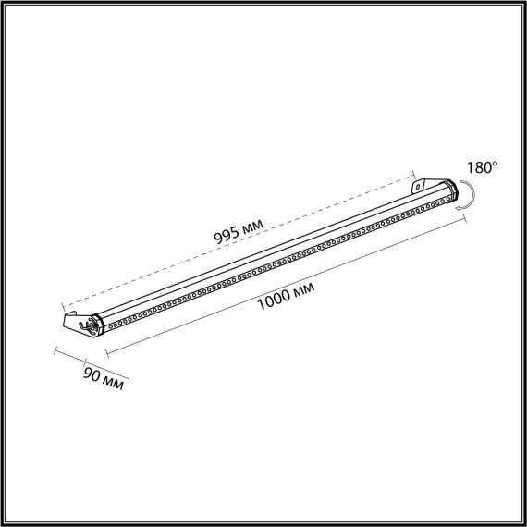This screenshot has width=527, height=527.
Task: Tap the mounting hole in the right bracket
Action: click(418, 186)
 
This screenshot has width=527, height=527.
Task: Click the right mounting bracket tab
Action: click(420, 185)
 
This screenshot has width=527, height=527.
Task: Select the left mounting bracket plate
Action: click(73, 323)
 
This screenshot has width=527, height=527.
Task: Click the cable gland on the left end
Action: click(90, 324)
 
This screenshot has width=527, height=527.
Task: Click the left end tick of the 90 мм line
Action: click(55, 352)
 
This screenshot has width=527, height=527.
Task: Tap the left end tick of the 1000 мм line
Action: click(108, 352)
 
